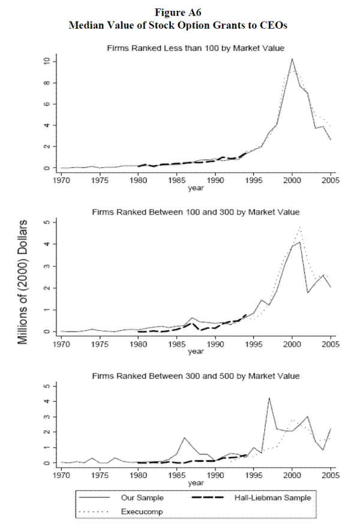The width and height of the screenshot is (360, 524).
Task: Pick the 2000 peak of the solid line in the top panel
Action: (292, 59)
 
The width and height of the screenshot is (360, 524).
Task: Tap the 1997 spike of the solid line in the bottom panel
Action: (269, 398)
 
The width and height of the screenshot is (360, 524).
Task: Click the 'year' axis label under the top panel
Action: (196, 187)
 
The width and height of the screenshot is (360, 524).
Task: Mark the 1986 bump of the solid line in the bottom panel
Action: (184, 438)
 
